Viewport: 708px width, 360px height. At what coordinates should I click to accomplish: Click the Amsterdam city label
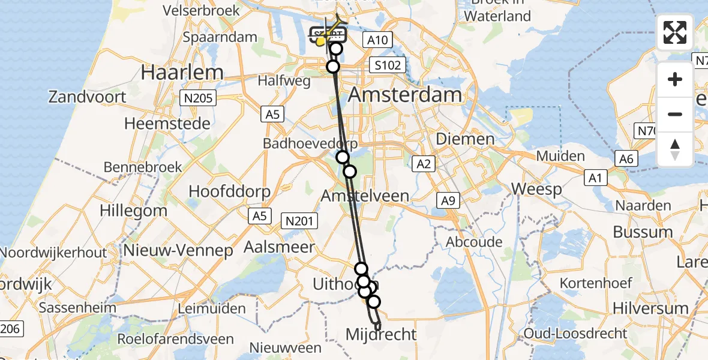point(405,95)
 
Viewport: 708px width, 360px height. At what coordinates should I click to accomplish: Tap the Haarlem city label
point(182,73)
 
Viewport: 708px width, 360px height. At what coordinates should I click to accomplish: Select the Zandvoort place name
point(88,97)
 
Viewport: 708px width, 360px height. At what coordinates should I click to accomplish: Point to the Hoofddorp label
point(229,191)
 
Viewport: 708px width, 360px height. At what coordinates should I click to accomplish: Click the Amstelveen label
point(365,196)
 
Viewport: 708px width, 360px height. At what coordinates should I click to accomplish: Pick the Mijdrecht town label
point(381,334)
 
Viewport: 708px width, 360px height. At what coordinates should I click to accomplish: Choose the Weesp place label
point(536,190)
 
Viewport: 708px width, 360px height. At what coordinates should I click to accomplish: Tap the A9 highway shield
point(448,201)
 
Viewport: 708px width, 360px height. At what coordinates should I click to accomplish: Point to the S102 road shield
point(388,65)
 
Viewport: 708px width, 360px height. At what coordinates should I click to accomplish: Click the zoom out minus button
point(675,114)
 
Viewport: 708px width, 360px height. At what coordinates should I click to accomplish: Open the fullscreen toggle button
point(675,32)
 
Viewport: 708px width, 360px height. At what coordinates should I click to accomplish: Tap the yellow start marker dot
point(320,41)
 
